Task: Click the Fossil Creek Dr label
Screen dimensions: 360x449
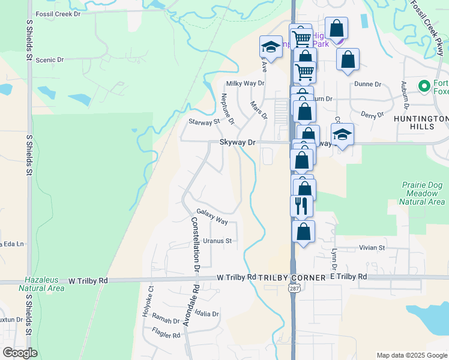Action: coord(58,13)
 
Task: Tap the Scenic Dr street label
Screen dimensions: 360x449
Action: coord(49,60)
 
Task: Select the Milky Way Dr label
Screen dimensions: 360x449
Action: coord(245,83)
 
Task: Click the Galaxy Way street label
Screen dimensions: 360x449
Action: coord(212,217)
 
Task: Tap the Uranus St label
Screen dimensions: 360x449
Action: coord(217,241)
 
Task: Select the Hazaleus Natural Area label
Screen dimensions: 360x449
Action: coord(44,284)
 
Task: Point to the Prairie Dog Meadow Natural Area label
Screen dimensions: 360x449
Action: coord(423,194)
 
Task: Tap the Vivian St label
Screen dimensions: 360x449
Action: coord(372,247)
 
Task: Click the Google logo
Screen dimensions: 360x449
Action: coord(20,352)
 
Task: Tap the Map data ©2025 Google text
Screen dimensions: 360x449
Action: coord(412,355)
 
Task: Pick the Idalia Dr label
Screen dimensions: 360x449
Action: coord(206,314)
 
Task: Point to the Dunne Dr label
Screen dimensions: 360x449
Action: coord(368,85)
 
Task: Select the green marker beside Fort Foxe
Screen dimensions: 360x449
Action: coord(425,86)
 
